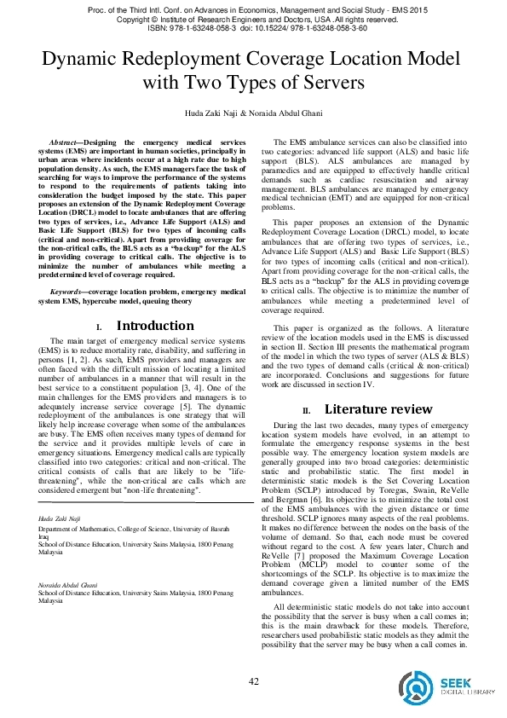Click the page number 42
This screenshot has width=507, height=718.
click(253, 680)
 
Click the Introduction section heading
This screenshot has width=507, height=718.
click(154, 326)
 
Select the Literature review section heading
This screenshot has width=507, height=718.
click(377, 409)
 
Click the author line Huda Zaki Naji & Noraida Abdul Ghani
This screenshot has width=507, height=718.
click(253, 113)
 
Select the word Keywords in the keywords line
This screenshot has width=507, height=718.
click(65, 292)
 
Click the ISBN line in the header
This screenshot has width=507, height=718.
click(253, 27)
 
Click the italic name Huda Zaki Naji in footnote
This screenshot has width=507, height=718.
click(57, 518)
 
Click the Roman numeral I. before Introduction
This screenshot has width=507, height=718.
click(99, 327)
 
